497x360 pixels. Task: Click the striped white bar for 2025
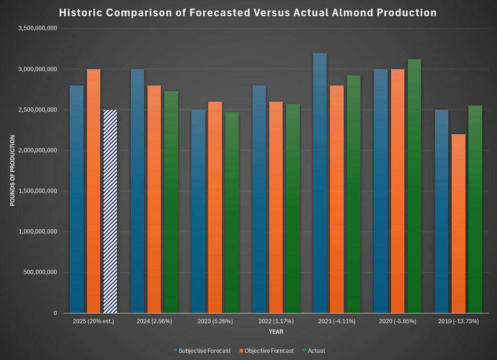coord(110,212)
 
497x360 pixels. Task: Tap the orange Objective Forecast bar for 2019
coord(458,223)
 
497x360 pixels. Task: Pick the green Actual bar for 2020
coord(414,186)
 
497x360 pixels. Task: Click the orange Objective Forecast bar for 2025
coord(94,191)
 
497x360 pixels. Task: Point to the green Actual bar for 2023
coord(232,212)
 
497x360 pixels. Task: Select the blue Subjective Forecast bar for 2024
coord(137,191)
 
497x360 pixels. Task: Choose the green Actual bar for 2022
coord(293,209)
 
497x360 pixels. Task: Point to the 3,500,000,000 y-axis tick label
coord(38,29)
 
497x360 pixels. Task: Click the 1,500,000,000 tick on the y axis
coord(38,191)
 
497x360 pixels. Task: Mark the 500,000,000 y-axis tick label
coord(41,273)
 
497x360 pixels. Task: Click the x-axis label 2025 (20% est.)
coord(94,321)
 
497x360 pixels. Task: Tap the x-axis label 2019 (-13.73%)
coord(458,321)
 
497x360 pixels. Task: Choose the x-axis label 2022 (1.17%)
coord(276,321)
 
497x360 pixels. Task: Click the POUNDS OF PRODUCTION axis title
coord(12,170)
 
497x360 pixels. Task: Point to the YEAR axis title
coord(276,331)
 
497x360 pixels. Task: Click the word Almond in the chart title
coord(355,13)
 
